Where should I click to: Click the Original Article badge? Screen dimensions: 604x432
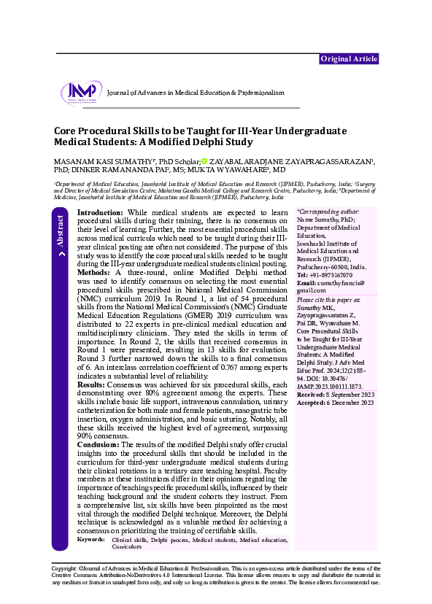tap(349, 58)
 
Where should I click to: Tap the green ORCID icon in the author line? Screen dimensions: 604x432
tap(205, 161)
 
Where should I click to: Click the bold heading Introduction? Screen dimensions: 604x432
tap(101, 211)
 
